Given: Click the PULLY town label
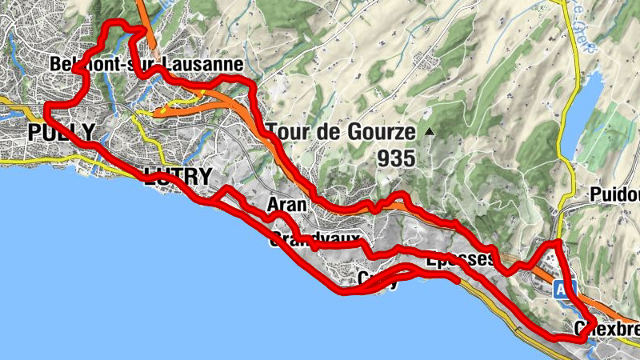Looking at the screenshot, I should (x=61, y=133).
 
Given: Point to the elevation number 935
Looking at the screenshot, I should (x=398, y=158).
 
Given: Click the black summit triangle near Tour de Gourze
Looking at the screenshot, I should (x=430, y=131).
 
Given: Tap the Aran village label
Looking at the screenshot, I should (x=286, y=205).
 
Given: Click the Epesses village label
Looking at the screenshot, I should (x=460, y=260).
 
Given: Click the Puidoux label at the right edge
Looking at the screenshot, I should (x=614, y=194).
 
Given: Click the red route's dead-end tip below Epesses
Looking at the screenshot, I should (x=457, y=281).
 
